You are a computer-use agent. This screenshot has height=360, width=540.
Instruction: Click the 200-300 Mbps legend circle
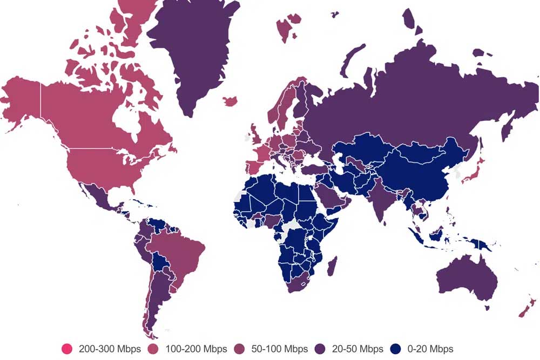67,349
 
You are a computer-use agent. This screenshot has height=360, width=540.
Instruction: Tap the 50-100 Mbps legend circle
240,349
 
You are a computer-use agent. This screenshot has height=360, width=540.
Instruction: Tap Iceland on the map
230,101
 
